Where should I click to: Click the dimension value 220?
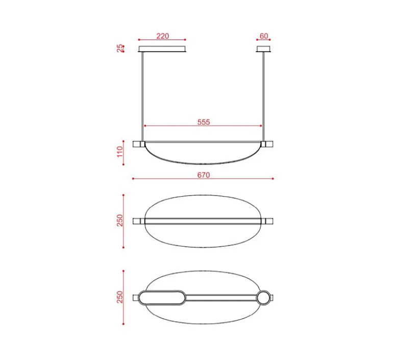coord(162,36)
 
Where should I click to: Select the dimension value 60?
coord(264,36)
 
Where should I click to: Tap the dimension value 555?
coord(204,122)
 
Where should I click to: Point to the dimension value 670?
coord(204,175)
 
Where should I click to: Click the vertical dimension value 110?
coord(120,152)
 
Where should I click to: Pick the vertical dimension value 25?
coord(120,48)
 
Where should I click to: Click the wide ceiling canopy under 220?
coord(162,49)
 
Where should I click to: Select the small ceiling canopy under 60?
coord(263,49)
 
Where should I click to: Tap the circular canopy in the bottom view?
coord(263,298)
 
